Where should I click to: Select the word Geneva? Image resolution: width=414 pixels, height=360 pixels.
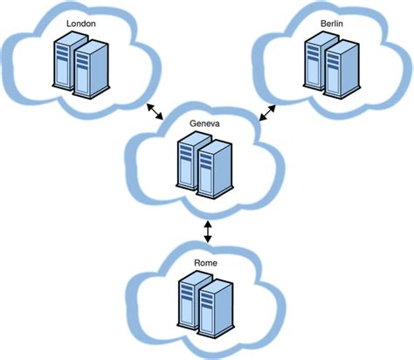[x=205, y=124]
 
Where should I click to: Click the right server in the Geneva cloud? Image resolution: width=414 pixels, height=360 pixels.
[x=215, y=170]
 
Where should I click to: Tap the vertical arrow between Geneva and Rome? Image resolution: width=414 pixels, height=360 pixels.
[x=207, y=231]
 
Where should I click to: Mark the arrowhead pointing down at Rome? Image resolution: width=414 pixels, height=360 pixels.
[x=207, y=242]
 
